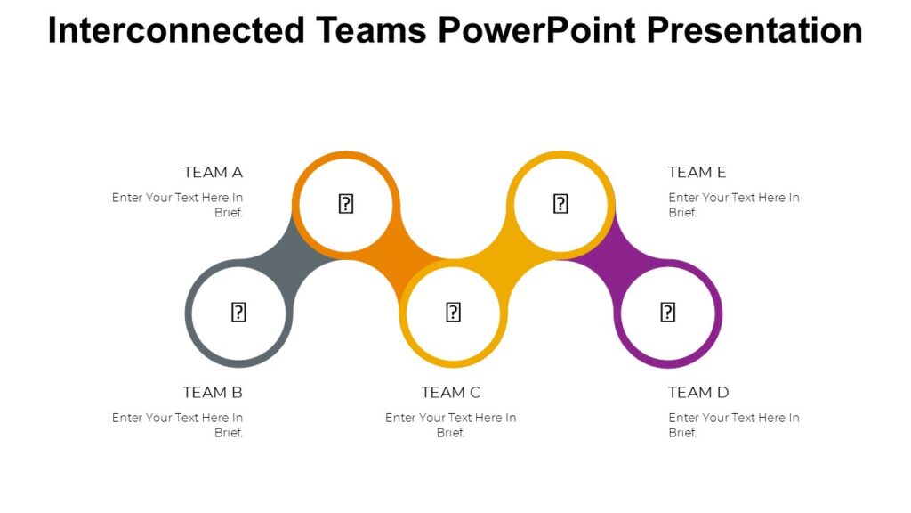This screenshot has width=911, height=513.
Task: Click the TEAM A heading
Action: (x=213, y=172)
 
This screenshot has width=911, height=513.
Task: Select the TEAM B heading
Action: (x=213, y=392)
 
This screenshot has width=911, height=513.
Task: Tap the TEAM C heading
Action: (x=450, y=392)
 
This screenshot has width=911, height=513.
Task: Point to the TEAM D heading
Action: (x=698, y=392)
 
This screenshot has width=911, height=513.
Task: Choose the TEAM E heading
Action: (x=697, y=172)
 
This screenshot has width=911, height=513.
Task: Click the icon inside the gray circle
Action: (x=238, y=312)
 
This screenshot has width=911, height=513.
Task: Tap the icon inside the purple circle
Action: (x=668, y=312)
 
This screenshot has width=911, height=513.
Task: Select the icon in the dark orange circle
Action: (x=346, y=204)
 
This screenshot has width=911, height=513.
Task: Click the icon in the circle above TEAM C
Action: (x=453, y=312)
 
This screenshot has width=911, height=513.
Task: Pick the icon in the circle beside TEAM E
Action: (x=560, y=204)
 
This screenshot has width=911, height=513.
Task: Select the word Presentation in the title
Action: (x=754, y=30)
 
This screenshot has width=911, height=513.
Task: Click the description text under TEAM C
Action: (x=450, y=425)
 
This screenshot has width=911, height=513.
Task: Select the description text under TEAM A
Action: (x=178, y=205)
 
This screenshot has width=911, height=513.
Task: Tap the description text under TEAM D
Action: (x=733, y=425)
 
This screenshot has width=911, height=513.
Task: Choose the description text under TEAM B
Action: (x=178, y=425)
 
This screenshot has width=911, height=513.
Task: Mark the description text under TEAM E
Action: (x=733, y=205)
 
